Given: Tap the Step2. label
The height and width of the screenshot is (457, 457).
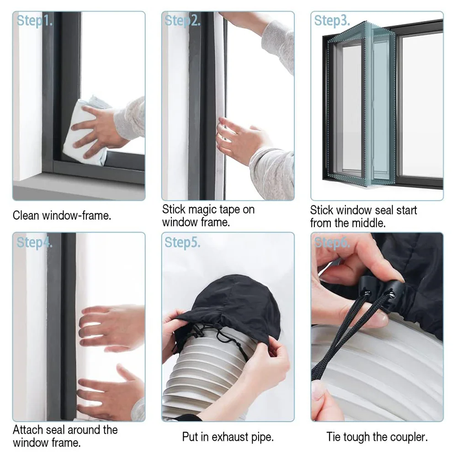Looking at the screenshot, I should (182, 21).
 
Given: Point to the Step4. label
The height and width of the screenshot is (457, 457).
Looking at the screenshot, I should (34, 243).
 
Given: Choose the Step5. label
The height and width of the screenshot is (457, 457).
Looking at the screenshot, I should (182, 243).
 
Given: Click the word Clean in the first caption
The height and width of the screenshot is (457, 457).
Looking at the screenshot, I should (26, 216).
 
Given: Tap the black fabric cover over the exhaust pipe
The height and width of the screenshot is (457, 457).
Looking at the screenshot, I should (228, 302).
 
